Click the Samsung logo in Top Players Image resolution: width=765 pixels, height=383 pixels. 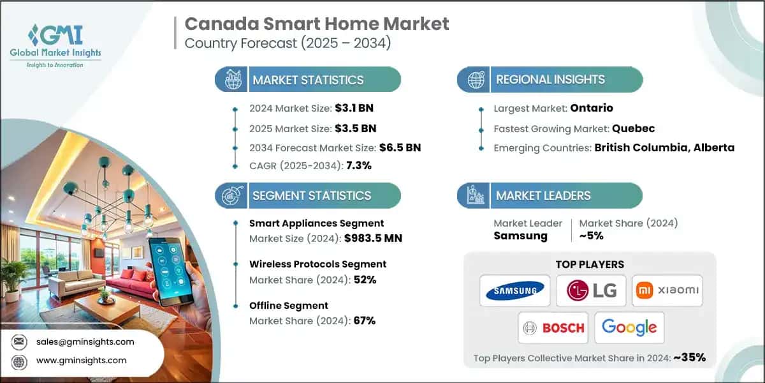pos(515,292)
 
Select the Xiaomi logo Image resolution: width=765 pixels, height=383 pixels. pos(667,292)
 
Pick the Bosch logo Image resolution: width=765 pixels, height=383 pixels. pos(553,328)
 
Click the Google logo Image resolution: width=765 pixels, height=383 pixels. pos(629,328)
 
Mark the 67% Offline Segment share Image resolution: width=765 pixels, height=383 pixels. pos(364,320)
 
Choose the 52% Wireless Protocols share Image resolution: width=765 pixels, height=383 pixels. pos(365,280)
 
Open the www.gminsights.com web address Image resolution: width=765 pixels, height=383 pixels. pos(81,360)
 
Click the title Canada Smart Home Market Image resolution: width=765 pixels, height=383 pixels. pos(317,24)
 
